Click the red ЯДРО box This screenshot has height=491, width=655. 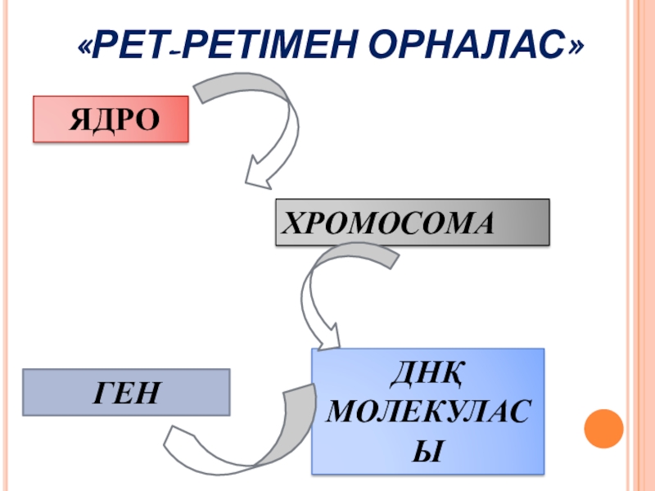(111, 119)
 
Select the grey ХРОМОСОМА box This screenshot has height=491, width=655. (412, 222)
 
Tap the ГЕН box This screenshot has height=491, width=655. (126, 392)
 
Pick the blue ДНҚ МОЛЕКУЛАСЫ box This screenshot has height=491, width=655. (427, 412)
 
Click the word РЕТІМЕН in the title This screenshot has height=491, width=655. (273, 47)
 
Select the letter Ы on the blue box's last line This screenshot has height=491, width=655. (426, 448)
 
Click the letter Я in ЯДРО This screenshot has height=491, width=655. (78, 120)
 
